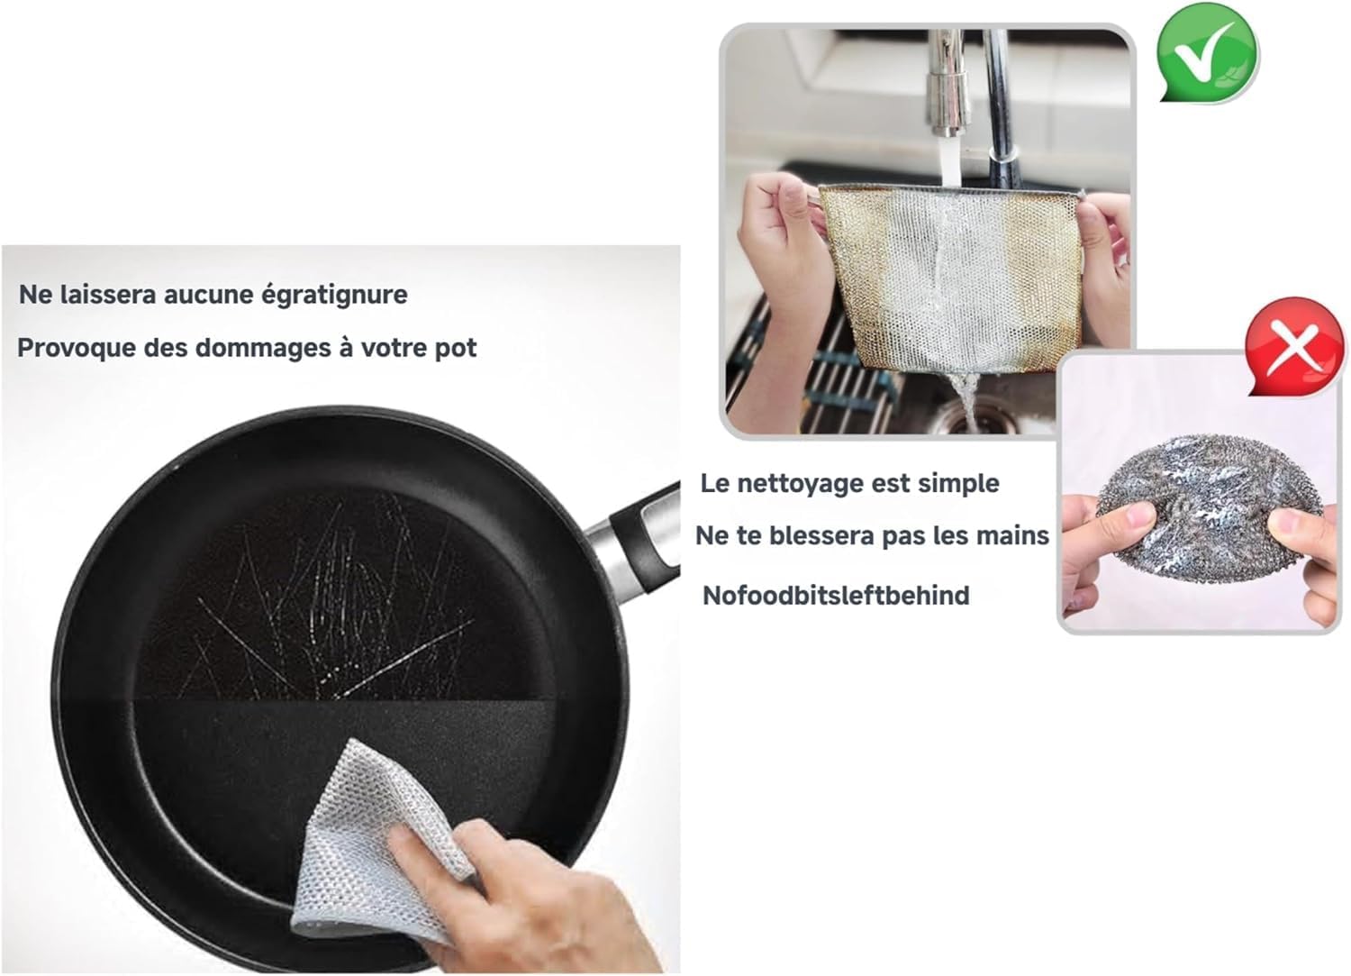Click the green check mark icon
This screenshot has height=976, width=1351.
pyautogui.click(x=1208, y=53)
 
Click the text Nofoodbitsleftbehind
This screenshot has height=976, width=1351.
pyautogui.click(x=836, y=596)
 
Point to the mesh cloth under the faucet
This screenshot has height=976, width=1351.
pyautogui.click(x=948, y=278)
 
